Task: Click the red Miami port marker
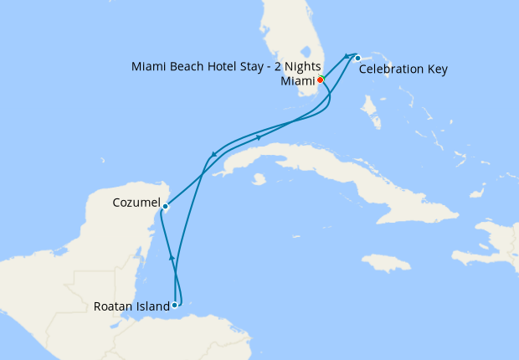coord(320,80)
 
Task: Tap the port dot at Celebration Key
coord(357,58)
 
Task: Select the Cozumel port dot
coord(165,206)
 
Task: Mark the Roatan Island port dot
coord(174,306)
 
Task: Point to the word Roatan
coord(115,306)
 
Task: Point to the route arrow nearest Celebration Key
coord(346,56)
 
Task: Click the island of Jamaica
coord(387,263)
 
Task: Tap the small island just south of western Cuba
coord(259,178)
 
